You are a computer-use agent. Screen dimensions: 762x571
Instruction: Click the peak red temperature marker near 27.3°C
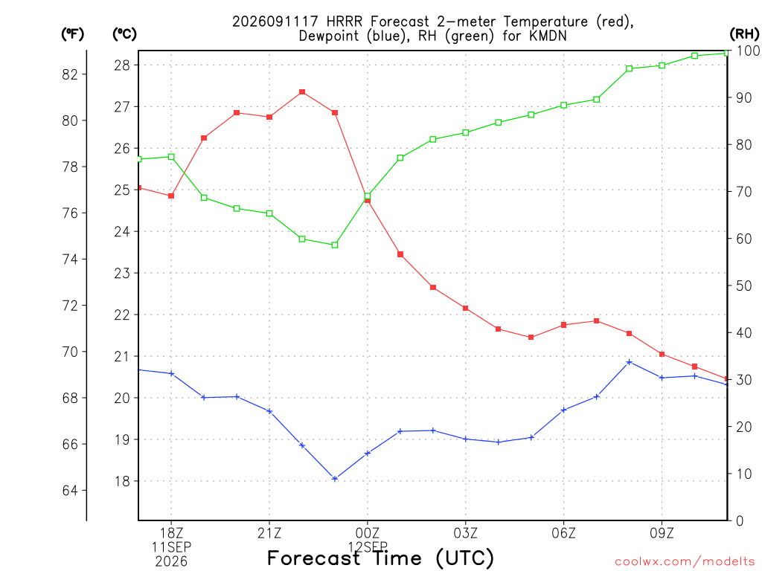(302, 91)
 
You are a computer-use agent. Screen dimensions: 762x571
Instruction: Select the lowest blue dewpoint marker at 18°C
(335, 479)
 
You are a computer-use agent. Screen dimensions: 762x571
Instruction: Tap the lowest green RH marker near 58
(335, 245)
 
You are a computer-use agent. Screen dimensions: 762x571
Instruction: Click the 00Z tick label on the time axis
(368, 533)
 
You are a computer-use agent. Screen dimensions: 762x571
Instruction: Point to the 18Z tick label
(171, 533)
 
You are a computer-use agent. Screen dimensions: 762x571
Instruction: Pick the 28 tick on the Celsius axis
(122, 65)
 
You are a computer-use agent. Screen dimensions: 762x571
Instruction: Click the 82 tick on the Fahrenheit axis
(70, 74)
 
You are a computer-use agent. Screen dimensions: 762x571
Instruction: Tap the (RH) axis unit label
(744, 33)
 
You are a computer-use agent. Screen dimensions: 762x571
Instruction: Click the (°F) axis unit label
(72, 34)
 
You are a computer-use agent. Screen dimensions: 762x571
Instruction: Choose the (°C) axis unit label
(124, 34)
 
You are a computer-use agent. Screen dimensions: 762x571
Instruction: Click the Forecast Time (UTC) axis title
(380, 558)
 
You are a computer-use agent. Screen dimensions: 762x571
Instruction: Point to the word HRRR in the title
(344, 22)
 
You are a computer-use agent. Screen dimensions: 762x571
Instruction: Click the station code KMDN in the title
(548, 36)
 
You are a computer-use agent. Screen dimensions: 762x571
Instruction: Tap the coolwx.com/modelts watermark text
(685, 562)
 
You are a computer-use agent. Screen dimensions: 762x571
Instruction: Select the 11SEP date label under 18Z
(171, 547)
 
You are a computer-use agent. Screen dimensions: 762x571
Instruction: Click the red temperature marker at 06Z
(564, 325)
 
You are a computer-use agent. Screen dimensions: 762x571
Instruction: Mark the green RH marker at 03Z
(466, 132)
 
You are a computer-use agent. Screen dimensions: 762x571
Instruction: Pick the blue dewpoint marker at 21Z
(269, 411)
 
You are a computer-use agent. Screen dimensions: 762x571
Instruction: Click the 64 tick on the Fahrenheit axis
(70, 491)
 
